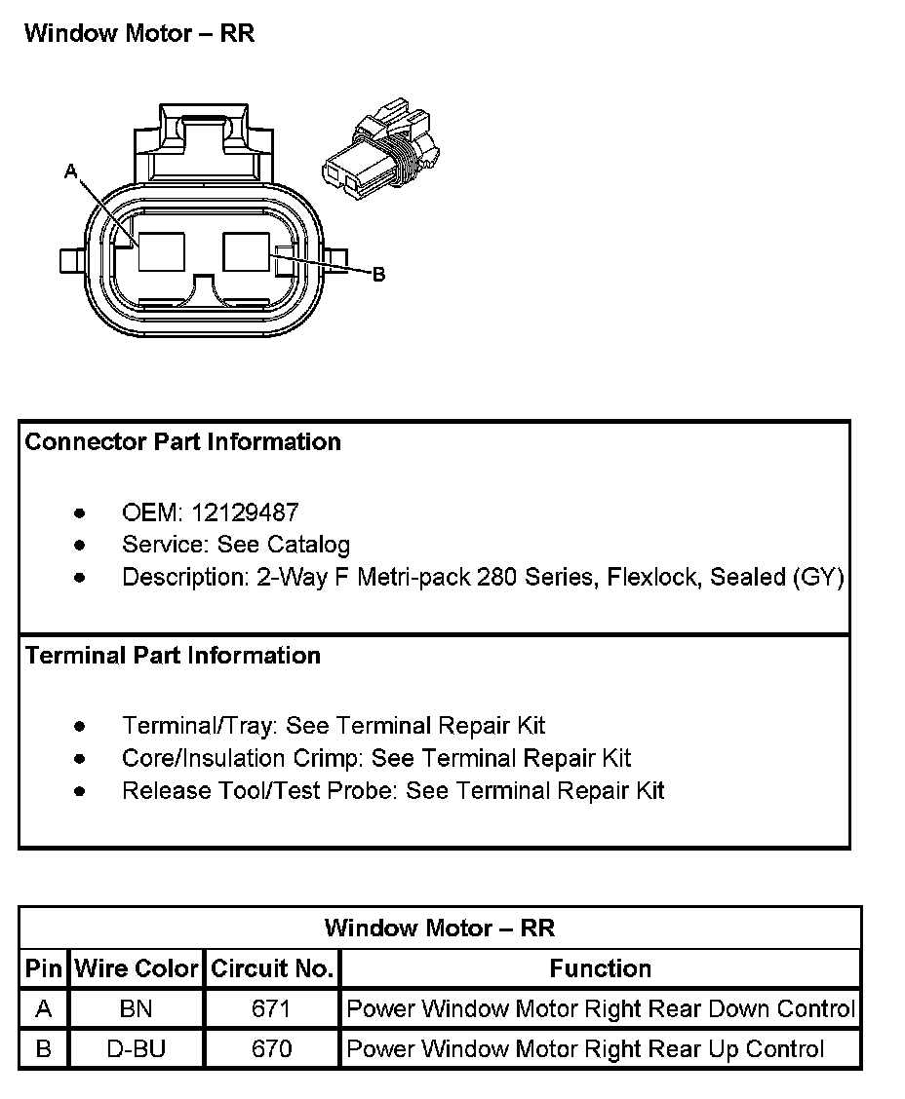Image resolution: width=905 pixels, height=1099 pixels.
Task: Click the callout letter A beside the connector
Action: click(x=70, y=171)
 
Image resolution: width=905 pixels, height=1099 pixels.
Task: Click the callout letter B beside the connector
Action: click(x=379, y=274)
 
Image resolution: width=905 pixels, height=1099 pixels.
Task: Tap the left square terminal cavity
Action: click(x=162, y=251)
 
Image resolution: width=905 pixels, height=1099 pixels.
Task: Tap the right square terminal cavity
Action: click(x=247, y=250)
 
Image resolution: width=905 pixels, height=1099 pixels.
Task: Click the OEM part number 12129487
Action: click(x=245, y=512)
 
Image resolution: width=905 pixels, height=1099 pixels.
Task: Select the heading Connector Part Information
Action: click(x=182, y=442)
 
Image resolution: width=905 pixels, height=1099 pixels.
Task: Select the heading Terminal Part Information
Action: click(x=173, y=656)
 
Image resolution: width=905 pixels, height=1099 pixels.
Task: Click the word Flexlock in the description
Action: click(x=653, y=577)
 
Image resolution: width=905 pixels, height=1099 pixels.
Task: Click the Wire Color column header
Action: click(x=137, y=969)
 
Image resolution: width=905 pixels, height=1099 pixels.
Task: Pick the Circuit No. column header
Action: click(x=273, y=969)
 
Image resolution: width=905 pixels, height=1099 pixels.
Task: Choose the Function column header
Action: click(x=600, y=969)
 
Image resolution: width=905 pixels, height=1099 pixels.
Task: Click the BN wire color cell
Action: click(x=136, y=1009)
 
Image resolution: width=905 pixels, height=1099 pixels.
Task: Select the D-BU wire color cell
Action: click(x=136, y=1049)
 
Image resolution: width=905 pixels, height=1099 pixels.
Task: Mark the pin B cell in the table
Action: click(x=43, y=1049)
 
